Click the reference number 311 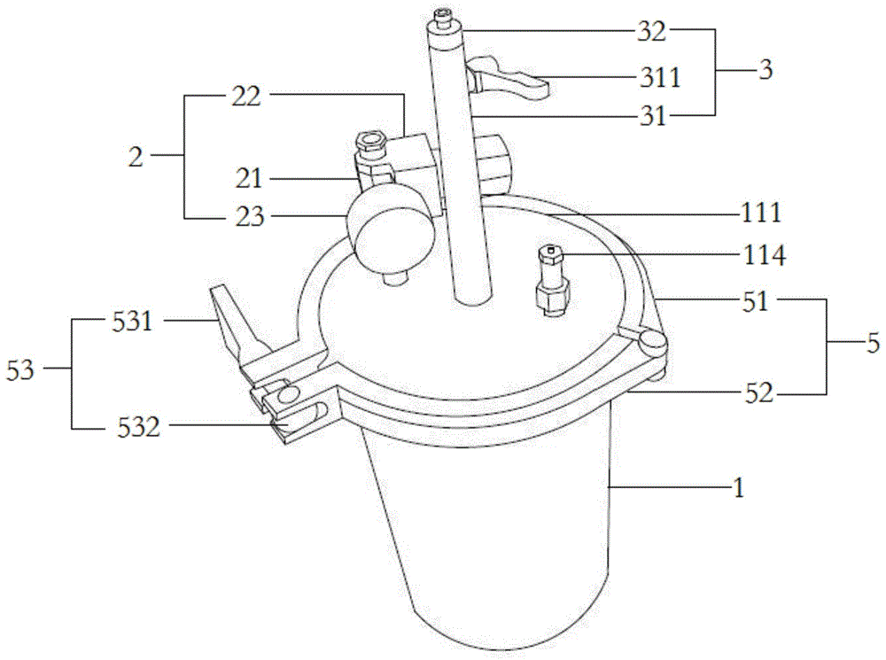661,77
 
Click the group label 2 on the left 136,157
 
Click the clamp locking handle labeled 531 232,319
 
